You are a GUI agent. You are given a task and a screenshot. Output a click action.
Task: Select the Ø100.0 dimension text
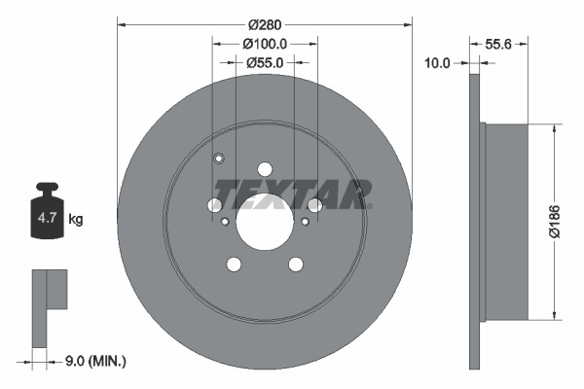264,44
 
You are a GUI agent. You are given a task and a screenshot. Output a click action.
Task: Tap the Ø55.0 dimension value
264,63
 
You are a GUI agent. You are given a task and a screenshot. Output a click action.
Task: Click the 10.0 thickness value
440,63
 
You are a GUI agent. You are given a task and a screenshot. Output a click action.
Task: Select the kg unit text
76,220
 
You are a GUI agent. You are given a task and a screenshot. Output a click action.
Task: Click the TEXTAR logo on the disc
292,194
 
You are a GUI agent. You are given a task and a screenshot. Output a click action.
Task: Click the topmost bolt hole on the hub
264,167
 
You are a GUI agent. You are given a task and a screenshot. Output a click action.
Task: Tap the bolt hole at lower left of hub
234,264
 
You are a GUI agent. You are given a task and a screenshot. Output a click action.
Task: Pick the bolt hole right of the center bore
313,204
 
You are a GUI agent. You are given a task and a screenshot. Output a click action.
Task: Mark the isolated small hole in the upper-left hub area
219,159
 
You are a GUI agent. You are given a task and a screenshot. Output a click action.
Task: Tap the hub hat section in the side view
506,220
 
